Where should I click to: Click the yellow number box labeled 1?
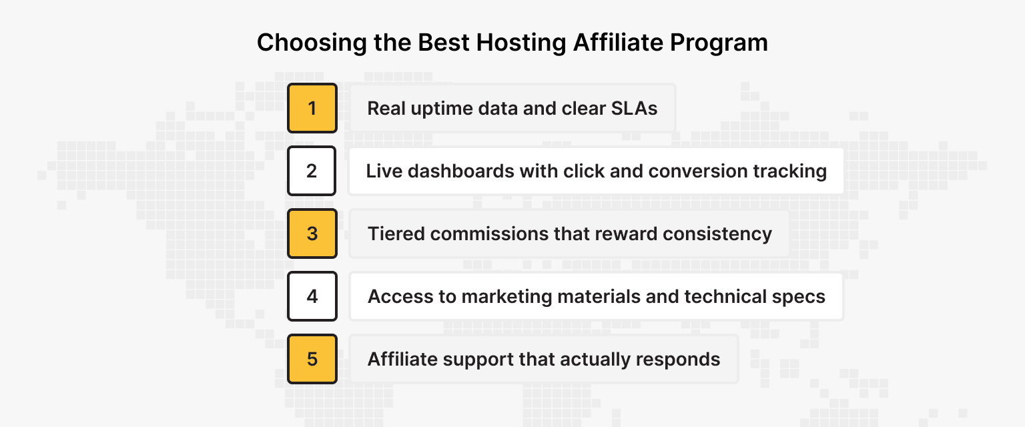coord(312,108)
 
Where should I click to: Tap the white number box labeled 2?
coord(312,171)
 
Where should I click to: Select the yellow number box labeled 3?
coord(312,234)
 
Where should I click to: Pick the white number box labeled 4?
coord(312,296)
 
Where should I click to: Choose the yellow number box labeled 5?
coord(312,359)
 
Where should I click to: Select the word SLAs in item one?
coord(634,108)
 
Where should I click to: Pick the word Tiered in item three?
coord(396,234)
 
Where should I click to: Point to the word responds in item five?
coord(678,359)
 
